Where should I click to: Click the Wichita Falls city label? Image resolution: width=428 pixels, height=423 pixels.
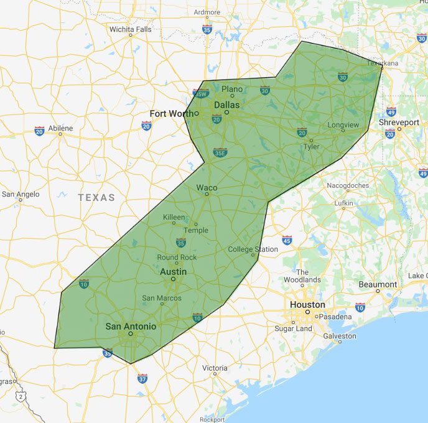(130, 29)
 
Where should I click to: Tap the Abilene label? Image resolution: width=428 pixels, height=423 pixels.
(61, 129)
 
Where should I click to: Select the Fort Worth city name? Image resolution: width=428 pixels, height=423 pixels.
(172, 113)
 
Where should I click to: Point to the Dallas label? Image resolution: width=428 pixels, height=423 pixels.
(226, 105)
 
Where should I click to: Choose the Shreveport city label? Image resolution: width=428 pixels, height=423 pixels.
(399, 123)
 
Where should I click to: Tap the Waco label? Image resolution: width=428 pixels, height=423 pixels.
(207, 187)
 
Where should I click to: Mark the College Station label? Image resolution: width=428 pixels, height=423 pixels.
(253, 249)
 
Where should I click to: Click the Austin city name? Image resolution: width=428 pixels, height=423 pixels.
(173, 272)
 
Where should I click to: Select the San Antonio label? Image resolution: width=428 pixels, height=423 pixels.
(131, 326)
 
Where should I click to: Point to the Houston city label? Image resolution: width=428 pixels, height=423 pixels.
(307, 305)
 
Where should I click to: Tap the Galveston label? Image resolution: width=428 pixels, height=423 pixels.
(340, 336)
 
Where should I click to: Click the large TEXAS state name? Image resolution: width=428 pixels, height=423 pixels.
(96, 198)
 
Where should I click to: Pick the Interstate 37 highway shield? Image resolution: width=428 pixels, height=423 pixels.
(142, 378)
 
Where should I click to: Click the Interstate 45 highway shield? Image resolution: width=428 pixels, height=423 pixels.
(287, 240)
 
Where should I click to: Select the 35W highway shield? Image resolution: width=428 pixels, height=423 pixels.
(200, 93)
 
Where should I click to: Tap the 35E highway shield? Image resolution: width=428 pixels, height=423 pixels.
(220, 151)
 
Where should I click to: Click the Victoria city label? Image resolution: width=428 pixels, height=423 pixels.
(215, 368)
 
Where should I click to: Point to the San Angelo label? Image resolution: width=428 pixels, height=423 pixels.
(21, 194)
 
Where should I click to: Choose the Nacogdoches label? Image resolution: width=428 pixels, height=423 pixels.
(348, 185)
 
